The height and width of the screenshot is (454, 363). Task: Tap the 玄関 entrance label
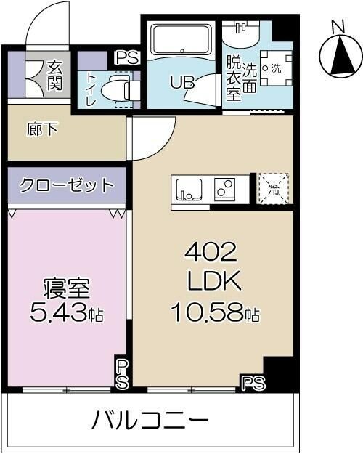(55, 76)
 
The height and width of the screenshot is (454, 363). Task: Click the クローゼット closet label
(68, 185)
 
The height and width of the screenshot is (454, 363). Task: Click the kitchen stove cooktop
(226, 188)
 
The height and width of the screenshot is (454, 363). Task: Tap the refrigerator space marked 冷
(274, 188)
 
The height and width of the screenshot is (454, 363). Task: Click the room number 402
(211, 254)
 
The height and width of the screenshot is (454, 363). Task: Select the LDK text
(213, 283)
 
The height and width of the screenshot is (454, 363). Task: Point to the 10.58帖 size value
(215, 313)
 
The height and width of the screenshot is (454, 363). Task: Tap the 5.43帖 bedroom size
(66, 314)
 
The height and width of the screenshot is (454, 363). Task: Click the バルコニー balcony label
(151, 421)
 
